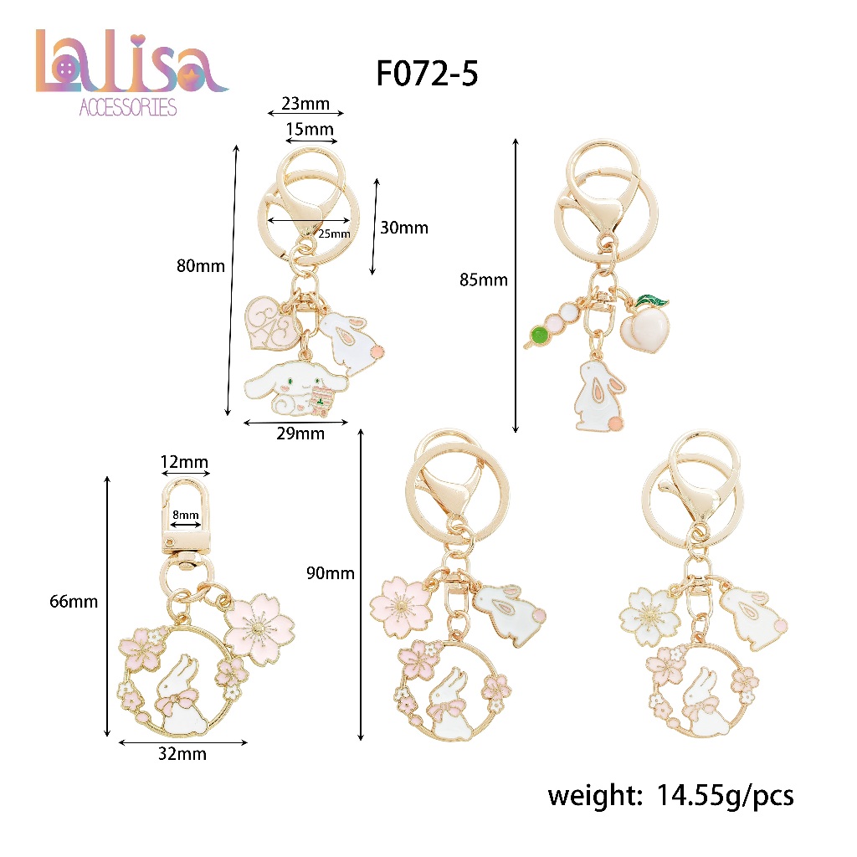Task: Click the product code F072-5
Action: [x=427, y=74]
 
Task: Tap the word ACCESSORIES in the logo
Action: [x=128, y=107]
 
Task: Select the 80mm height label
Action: [x=201, y=266]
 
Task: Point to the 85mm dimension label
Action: [x=484, y=280]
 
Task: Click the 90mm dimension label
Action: [x=330, y=573]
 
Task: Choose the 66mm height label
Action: [x=74, y=602]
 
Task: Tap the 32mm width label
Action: [x=182, y=754]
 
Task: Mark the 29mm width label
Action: [x=300, y=434]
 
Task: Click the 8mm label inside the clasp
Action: [x=186, y=515]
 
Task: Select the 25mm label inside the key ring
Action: [x=334, y=234]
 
